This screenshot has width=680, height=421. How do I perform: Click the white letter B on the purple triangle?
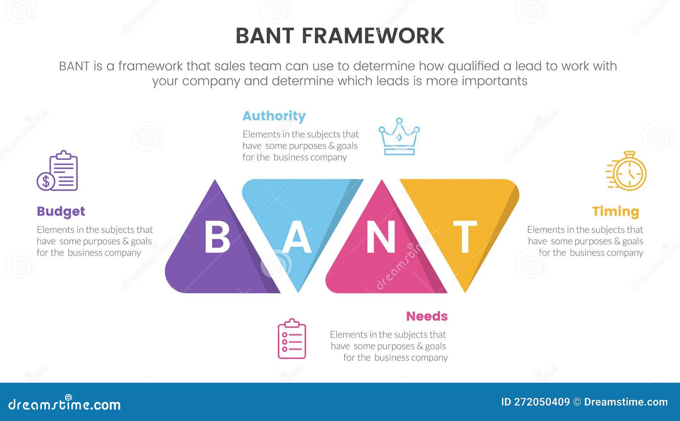click(217, 237)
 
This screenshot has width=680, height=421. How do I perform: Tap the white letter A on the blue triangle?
click(297, 237)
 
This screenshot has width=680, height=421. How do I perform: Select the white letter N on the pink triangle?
click(381, 237)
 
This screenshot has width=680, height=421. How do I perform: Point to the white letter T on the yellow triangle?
click(465, 237)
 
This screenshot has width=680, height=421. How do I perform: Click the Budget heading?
click(61, 211)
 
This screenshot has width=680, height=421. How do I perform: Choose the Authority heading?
click(274, 116)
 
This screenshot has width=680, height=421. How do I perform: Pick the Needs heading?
click(427, 316)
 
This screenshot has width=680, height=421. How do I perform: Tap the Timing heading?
click(615, 211)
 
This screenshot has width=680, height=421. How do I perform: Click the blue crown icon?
click(399, 137)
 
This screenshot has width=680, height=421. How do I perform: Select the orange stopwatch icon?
click(627, 171)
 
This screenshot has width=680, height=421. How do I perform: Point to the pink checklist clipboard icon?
click(292, 339)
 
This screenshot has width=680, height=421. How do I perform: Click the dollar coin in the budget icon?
click(45, 182)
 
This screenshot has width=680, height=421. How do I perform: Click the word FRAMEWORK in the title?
click(373, 36)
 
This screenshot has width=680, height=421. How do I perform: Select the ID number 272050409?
click(542, 402)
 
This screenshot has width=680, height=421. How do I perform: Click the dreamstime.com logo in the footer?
click(65, 404)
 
